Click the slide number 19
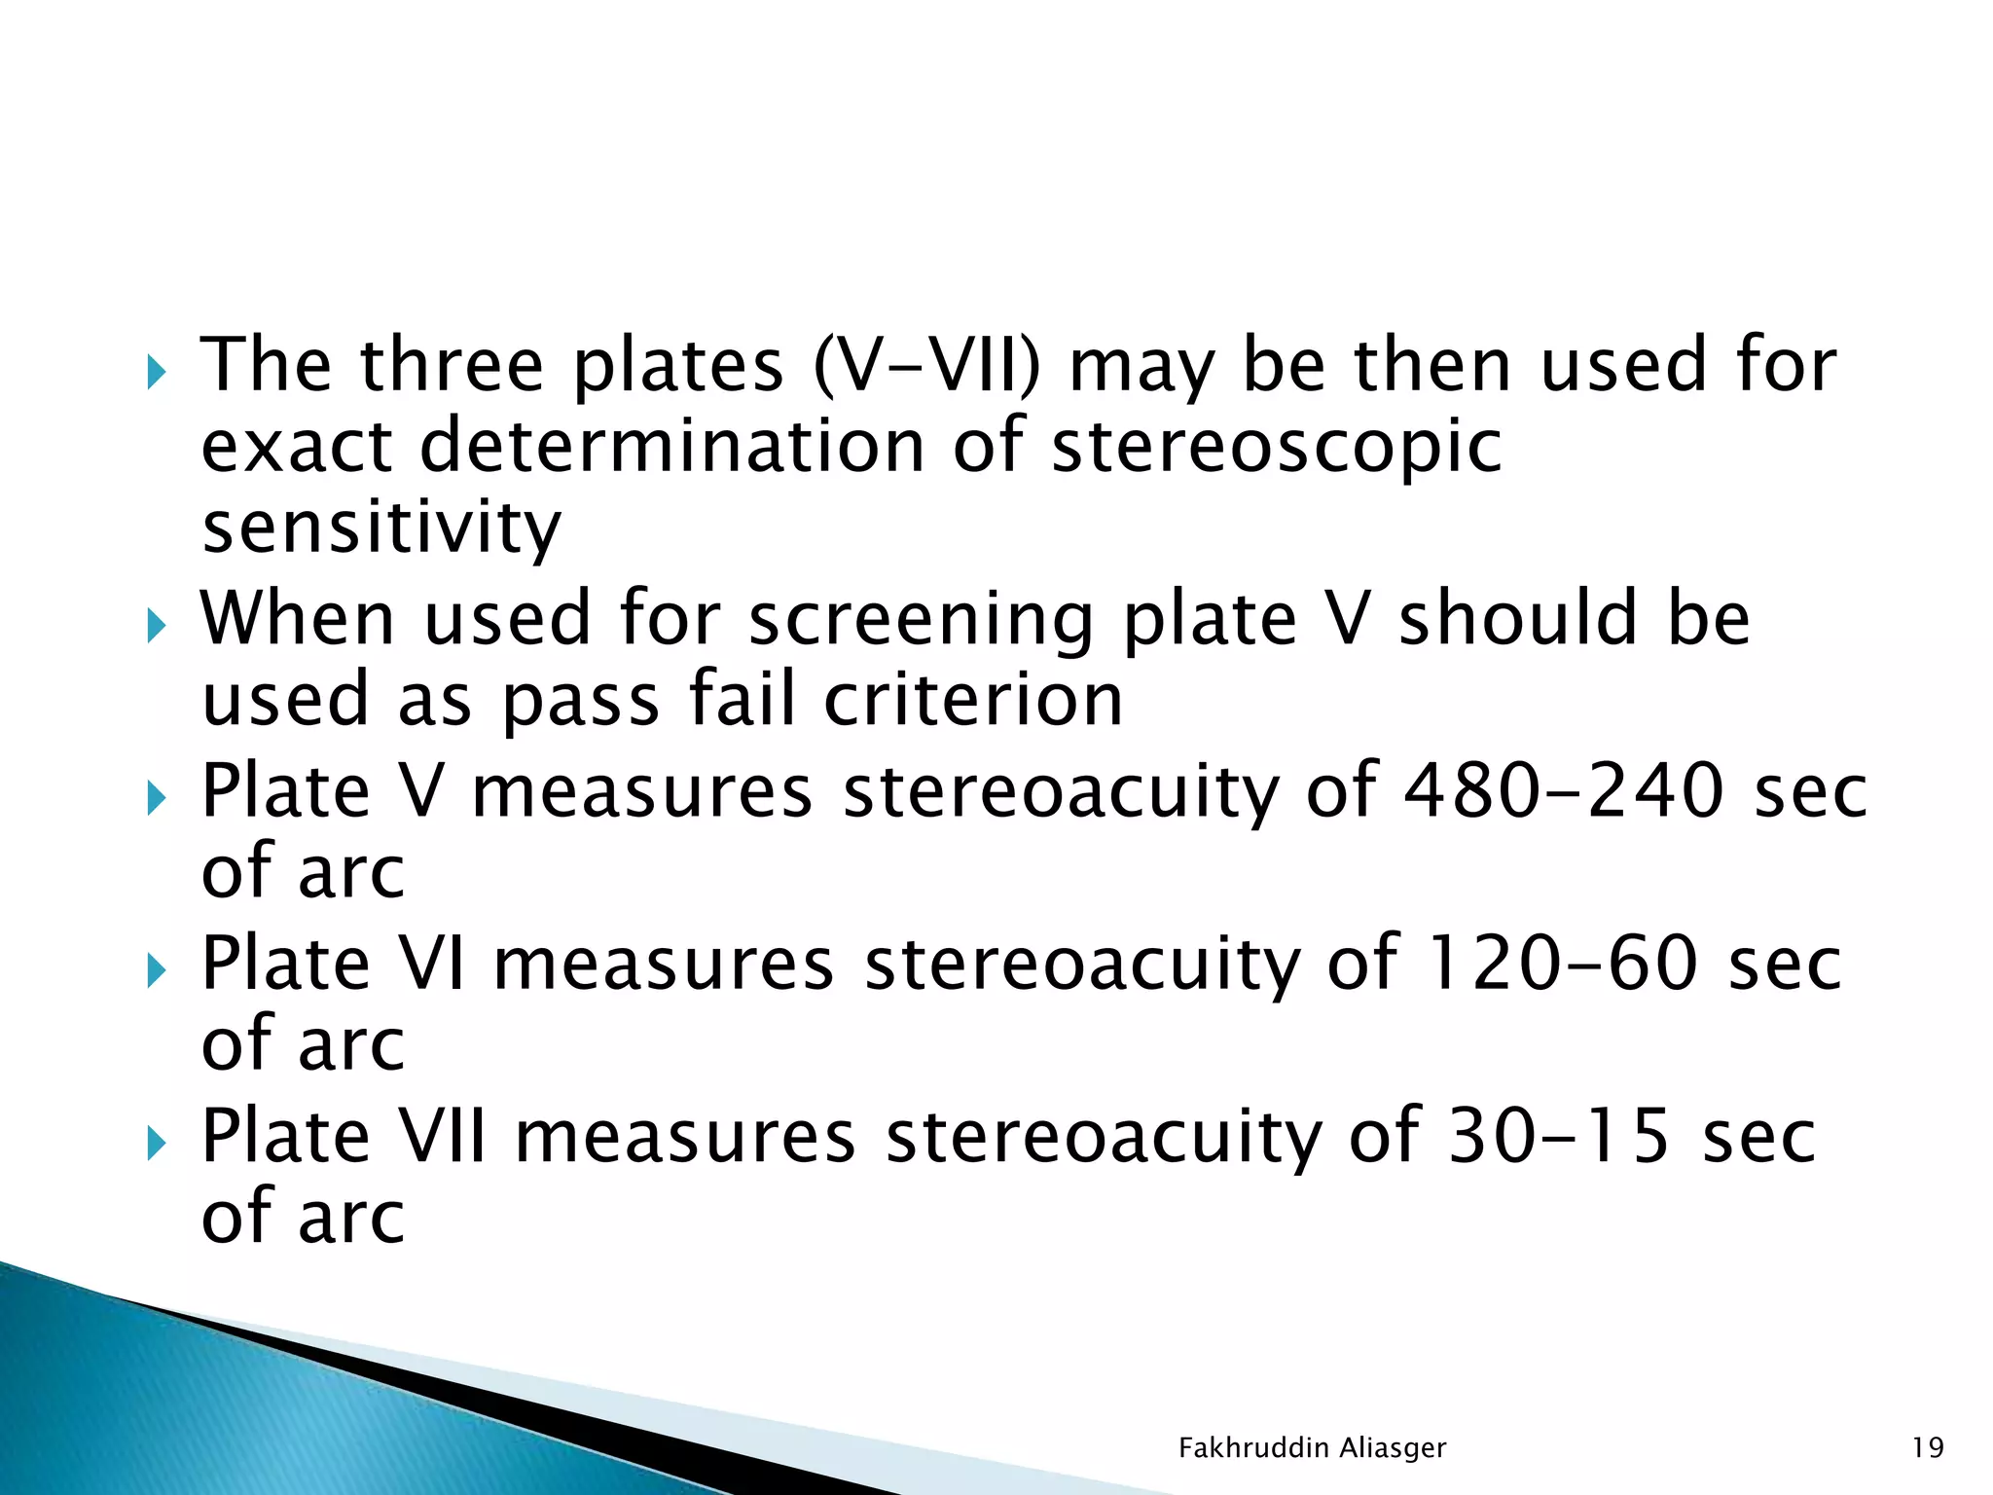tap(1927, 1448)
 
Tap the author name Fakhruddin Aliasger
tap(1312, 1448)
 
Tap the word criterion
tap(974, 700)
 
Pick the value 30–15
tap(1559, 1136)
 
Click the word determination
tap(672, 447)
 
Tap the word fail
tap(741, 700)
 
